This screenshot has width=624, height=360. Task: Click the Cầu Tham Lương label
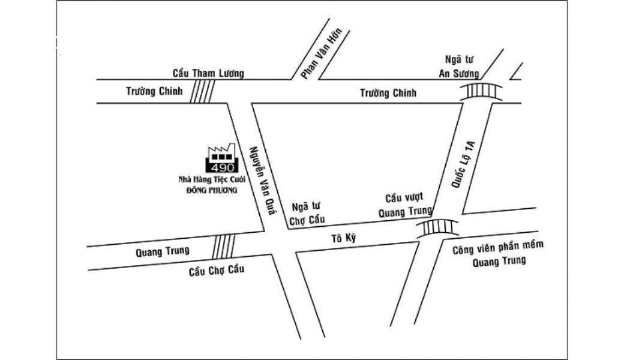pos(208,73)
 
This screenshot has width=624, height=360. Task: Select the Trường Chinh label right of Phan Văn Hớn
pos(388,93)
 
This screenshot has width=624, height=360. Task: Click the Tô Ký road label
pos(344,239)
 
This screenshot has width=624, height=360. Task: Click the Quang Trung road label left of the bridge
pos(163,251)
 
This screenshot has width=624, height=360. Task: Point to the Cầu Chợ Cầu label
pos(217,270)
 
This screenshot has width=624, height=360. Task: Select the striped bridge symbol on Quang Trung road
pos(224,246)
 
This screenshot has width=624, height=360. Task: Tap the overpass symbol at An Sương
pos(481,91)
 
